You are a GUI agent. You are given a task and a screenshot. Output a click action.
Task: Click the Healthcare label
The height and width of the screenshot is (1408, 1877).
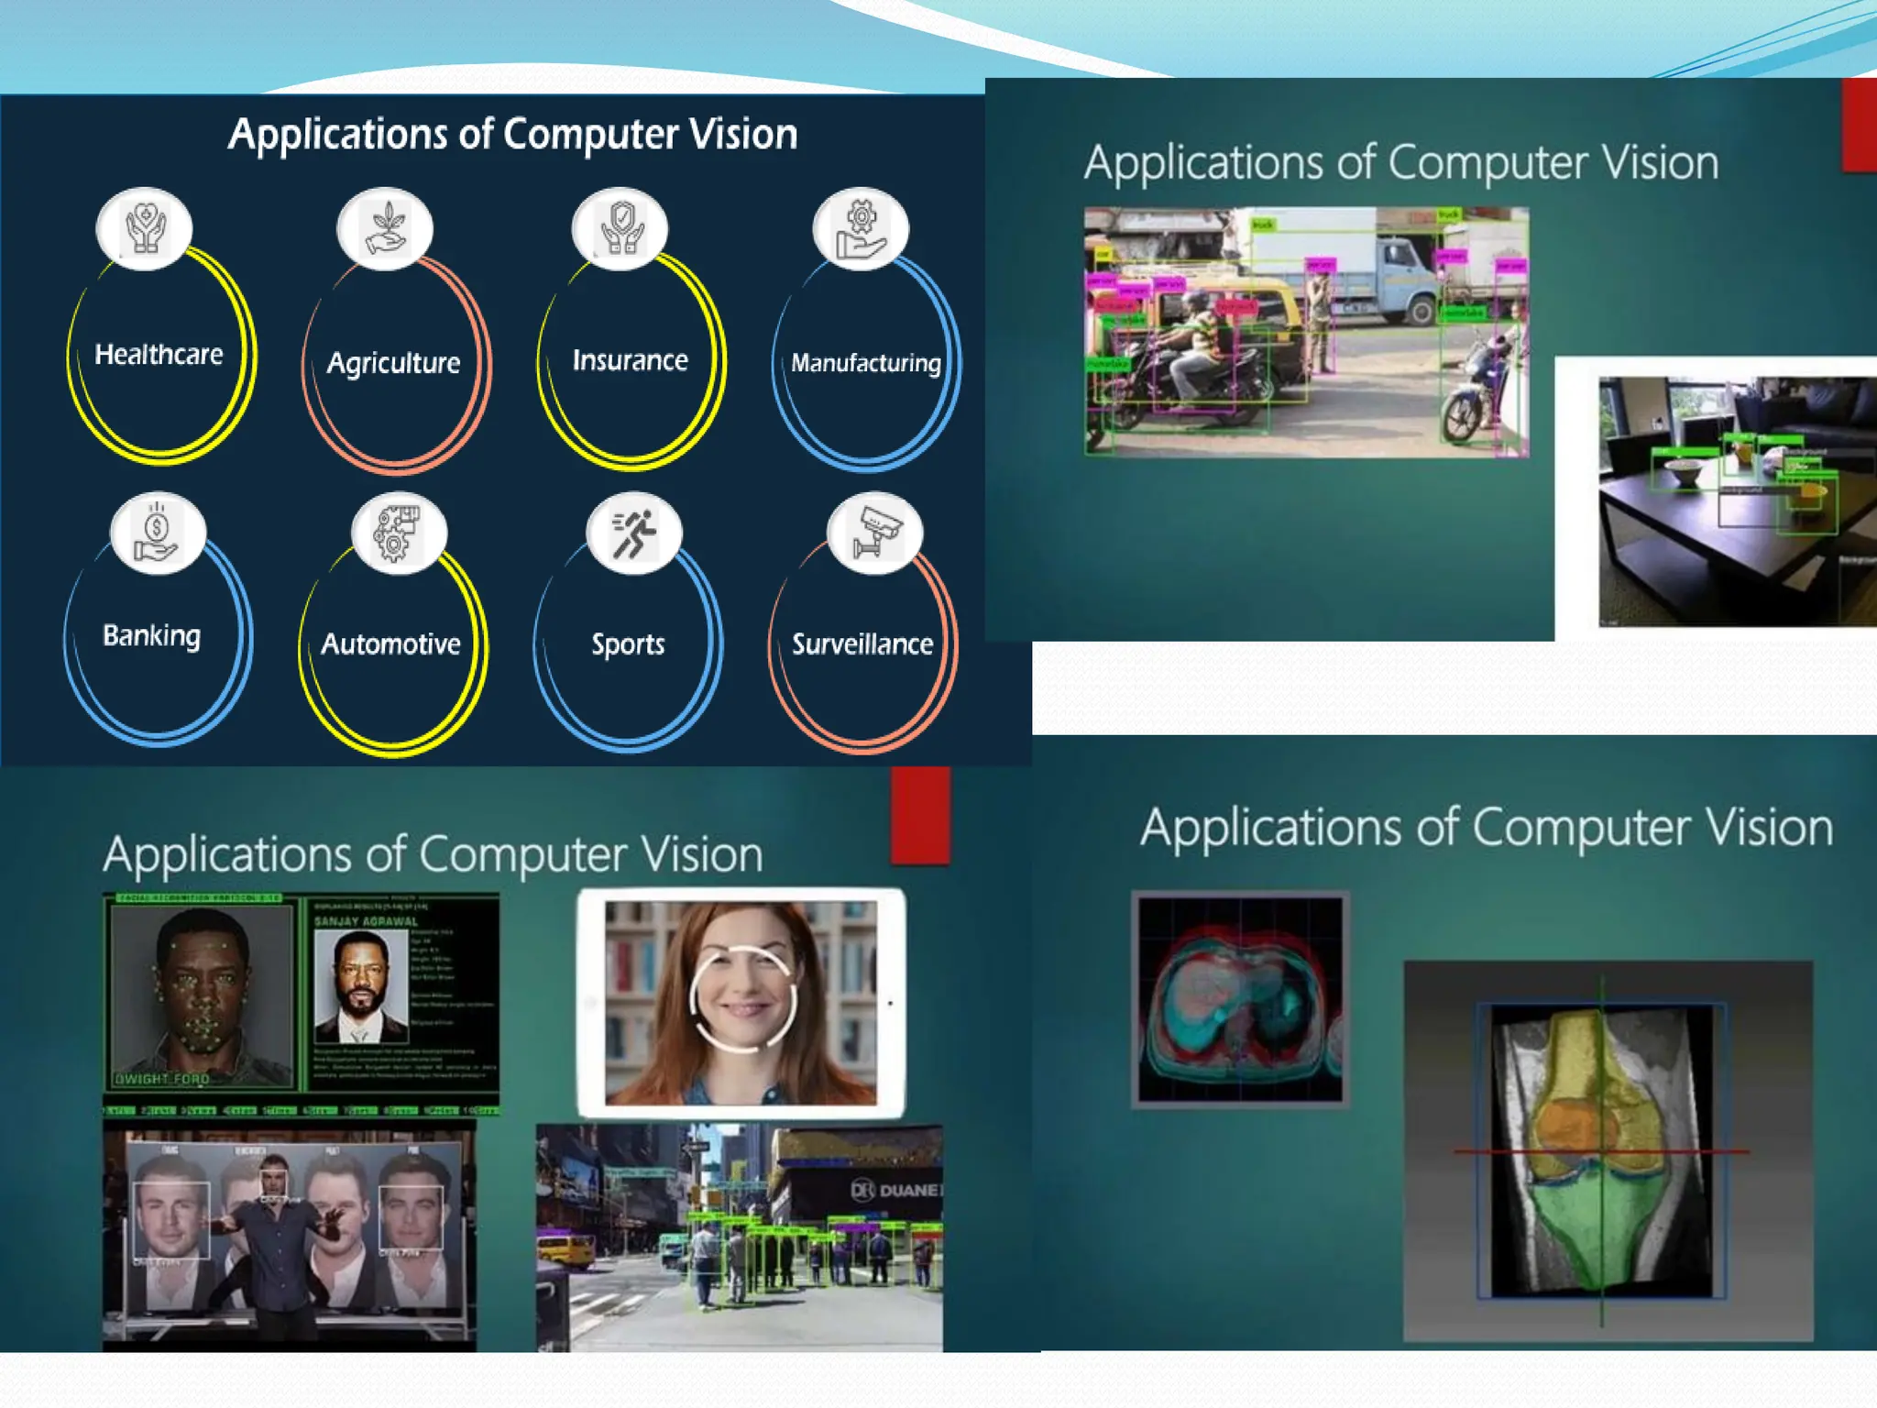point(159,355)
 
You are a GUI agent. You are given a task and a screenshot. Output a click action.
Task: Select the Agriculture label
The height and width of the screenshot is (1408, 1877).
point(393,363)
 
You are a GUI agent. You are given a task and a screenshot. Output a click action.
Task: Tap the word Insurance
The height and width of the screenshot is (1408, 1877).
point(630,360)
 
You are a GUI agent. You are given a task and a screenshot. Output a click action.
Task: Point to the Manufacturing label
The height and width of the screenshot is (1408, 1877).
point(865,363)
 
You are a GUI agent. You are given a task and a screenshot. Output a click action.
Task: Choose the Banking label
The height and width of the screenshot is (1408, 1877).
point(152,635)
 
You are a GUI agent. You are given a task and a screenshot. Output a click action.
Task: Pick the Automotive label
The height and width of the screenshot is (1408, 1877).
point(390,643)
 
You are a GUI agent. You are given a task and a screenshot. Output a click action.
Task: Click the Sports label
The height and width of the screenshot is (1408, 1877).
point(628,644)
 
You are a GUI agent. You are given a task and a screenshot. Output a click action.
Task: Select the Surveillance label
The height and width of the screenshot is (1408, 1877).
point(862,644)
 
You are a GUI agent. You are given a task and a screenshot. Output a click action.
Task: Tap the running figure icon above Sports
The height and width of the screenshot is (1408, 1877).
point(633,533)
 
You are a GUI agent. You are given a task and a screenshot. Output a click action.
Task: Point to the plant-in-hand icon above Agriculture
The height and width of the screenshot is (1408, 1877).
point(385,228)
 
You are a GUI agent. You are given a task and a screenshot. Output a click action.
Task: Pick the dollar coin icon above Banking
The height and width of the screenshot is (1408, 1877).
point(157,533)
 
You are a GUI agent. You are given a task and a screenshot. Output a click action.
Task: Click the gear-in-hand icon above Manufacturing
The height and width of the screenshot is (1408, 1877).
point(861,229)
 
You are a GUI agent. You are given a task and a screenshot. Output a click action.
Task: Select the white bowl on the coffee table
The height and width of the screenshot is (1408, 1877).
point(1682,474)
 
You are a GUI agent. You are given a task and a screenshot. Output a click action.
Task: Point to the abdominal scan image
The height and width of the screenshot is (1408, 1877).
point(1240,999)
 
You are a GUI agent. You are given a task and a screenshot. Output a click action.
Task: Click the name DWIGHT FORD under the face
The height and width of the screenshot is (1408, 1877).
point(161,1079)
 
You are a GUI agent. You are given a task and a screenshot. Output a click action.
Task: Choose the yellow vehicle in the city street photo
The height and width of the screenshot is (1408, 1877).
point(565,1248)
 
